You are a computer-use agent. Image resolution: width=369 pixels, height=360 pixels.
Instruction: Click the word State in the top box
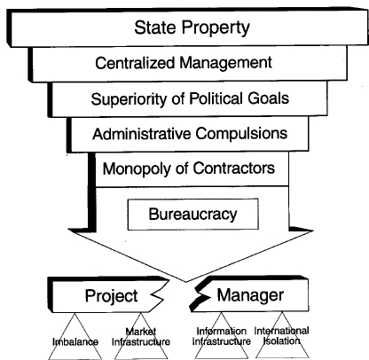155,27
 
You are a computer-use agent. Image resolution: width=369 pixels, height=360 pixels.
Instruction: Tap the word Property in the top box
216,28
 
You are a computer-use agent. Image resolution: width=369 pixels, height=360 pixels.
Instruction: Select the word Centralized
135,63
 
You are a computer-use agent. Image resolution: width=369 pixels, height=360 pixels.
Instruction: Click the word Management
226,63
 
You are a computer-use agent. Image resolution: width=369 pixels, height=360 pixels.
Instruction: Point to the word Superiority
129,99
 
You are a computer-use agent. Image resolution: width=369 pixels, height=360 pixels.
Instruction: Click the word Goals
269,98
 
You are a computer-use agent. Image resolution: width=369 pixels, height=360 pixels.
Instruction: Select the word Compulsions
241,134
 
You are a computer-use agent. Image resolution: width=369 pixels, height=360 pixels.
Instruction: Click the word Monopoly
137,169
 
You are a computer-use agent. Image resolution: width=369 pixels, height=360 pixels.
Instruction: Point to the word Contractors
234,168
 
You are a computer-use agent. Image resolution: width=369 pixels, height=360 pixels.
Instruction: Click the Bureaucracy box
193,214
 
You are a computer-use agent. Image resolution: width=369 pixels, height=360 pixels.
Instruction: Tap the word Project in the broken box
112,296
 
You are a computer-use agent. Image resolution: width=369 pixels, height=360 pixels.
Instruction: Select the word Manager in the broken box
250,295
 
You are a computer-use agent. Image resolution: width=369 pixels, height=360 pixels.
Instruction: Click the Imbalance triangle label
75,342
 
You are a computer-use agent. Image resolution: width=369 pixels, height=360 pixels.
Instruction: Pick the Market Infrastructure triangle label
141,337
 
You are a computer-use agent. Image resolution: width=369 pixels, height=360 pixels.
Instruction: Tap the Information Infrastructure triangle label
222,336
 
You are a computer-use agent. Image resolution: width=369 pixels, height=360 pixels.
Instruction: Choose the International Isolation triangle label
281,336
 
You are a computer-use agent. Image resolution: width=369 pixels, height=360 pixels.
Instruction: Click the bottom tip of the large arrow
186,282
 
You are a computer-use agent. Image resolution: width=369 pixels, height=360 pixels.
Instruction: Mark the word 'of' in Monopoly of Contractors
182,168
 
